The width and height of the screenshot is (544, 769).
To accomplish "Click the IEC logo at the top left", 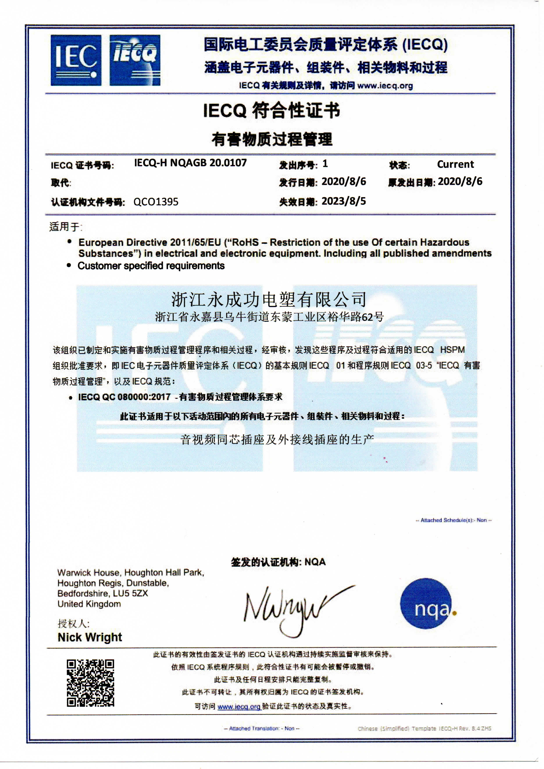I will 76,60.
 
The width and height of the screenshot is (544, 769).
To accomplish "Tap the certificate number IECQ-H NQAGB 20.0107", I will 190,163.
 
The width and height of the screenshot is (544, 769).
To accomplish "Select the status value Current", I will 455,164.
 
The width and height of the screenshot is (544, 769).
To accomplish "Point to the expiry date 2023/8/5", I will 344,201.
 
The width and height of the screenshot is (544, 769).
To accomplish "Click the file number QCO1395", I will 156,202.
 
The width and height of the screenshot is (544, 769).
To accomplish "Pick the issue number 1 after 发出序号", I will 325,164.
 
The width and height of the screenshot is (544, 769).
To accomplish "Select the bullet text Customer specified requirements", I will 151,266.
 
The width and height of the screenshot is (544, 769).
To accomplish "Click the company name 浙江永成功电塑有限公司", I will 269,299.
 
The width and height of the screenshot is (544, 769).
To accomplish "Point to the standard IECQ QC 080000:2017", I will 124,397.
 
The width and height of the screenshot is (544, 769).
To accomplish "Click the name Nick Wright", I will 90,637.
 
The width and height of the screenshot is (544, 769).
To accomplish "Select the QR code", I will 90,683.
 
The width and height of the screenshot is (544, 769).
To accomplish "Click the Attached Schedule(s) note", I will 453,520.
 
